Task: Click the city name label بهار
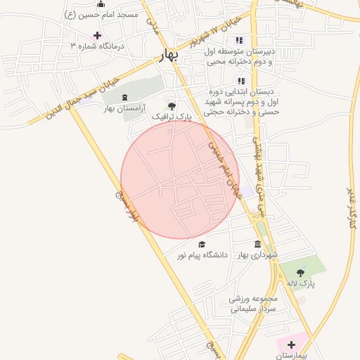pos(170,55)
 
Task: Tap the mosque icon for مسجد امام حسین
pos(101,4)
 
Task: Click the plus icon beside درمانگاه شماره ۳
pos(97,35)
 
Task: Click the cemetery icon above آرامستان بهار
pos(125,97)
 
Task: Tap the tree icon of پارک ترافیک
pos(172,105)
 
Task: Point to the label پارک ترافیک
pos(172,115)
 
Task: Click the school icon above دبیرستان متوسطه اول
pos(239,41)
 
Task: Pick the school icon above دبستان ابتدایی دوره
pos(242,82)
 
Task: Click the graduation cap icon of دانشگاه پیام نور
pos(202,245)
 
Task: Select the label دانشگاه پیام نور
pos(202,256)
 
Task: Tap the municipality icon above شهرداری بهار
pos(255,243)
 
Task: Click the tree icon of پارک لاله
pos(301,273)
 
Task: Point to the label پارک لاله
pos(301,283)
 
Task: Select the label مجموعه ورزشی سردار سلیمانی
pos(255,303)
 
